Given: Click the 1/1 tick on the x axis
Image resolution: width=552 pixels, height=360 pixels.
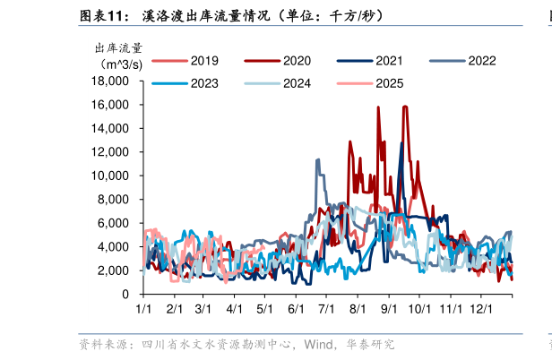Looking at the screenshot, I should [143, 308].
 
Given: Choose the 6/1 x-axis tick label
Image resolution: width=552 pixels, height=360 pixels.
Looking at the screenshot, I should [296, 308].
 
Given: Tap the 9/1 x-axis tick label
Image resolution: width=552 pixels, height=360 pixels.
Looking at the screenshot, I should [389, 308].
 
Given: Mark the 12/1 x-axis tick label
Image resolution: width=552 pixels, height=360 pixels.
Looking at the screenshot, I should [482, 308].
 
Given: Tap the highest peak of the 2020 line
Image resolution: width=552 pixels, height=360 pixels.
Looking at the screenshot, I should [406, 107].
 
